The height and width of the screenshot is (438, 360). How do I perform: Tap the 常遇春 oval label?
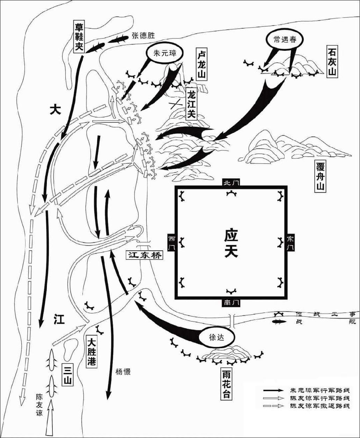(284, 40)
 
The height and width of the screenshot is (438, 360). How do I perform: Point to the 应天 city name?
(231, 244)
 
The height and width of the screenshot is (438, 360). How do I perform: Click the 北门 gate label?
(231, 183)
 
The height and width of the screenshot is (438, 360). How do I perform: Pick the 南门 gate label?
(231, 303)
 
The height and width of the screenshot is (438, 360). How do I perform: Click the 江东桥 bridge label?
(144, 255)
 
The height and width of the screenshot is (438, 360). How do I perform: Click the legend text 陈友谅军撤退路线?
(319, 406)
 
